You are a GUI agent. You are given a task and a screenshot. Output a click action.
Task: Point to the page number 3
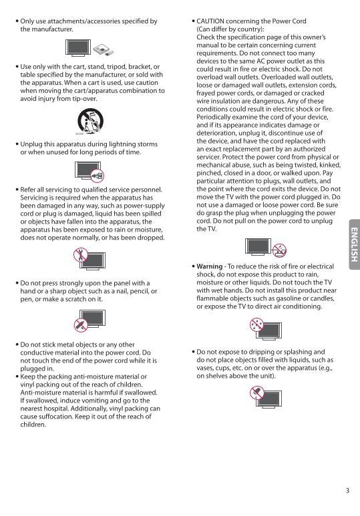[347, 491]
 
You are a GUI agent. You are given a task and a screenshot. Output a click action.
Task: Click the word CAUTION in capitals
[212, 22]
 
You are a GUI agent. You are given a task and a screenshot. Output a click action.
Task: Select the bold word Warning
[209, 266]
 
